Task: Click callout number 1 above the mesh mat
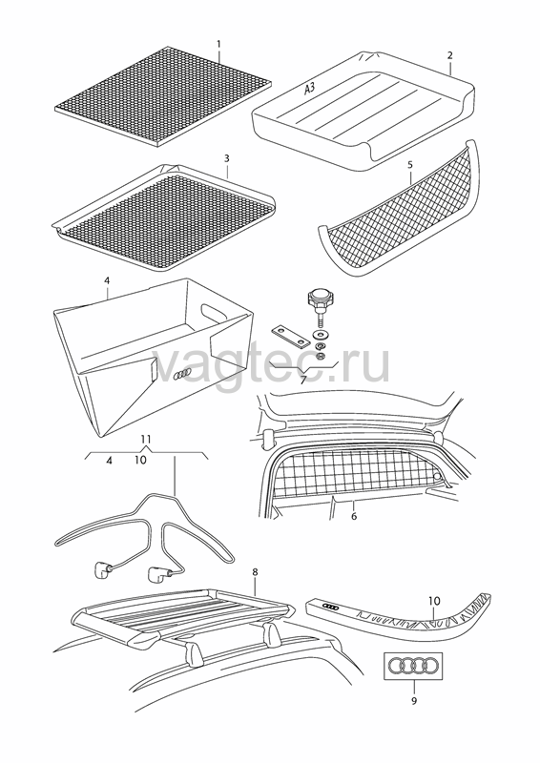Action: point(218,44)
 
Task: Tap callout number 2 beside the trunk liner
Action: point(450,55)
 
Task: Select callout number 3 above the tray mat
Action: point(227,158)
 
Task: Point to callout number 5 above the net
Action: point(410,165)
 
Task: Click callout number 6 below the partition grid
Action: point(354,516)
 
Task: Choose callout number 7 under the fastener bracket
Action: point(302,380)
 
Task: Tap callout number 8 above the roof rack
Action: point(255,572)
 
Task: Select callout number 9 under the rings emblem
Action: point(414,701)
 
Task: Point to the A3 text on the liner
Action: point(310,89)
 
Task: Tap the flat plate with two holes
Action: point(289,335)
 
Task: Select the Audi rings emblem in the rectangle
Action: point(414,665)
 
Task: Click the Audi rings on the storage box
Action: point(182,374)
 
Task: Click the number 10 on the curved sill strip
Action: point(434,602)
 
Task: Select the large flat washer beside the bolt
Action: point(322,336)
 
